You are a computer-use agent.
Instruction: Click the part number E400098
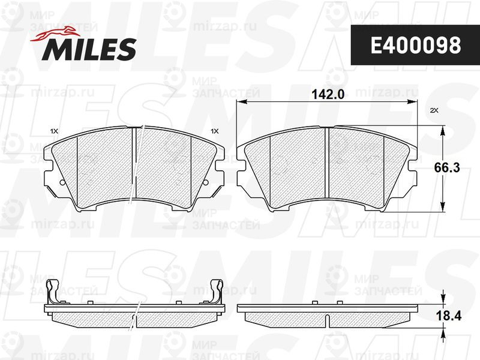point(416,46)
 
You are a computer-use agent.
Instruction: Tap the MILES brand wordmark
point(89,49)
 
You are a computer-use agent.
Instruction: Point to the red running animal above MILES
point(55,35)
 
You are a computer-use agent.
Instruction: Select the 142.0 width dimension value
point(328,94)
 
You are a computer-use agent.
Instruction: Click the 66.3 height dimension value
point(447,168)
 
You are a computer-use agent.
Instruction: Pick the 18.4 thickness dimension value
point(448,316)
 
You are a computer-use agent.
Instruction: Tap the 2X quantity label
point(434,111)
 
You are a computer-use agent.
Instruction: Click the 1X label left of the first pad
point(54,131)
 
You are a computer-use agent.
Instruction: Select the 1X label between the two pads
point(215,131)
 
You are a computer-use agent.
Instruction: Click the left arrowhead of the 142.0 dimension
point(242,102)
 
